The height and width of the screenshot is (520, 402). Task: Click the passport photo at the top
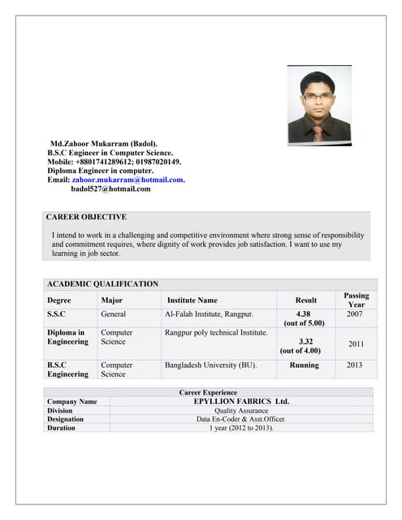(319, 105)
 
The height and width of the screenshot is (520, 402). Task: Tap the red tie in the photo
(318, 133)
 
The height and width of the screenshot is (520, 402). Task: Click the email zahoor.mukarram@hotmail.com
(128, 180)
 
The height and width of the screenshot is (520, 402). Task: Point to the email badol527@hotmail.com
(110, 188)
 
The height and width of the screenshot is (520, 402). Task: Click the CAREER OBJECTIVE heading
(86, 218)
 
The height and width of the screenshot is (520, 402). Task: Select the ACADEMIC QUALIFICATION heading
(102, 284)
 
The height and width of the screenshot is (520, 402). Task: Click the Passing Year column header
(356, 300)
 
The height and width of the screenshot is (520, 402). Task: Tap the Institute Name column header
(192, 300)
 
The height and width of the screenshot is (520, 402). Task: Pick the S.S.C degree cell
(57, 314)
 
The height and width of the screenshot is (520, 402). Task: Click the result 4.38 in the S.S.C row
(304, 314)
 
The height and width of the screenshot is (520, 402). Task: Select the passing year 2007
(356, 314)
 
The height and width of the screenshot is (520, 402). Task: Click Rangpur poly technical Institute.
(216, 332)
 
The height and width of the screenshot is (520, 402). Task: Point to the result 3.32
(305, 342)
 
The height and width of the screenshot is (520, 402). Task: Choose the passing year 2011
(356, 344)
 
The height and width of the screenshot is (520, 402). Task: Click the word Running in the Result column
(304, 366)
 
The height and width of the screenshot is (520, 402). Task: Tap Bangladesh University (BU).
(210, 366)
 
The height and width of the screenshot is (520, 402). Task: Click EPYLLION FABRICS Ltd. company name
(241, 401)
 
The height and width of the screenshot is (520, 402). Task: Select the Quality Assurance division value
(241, 410)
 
